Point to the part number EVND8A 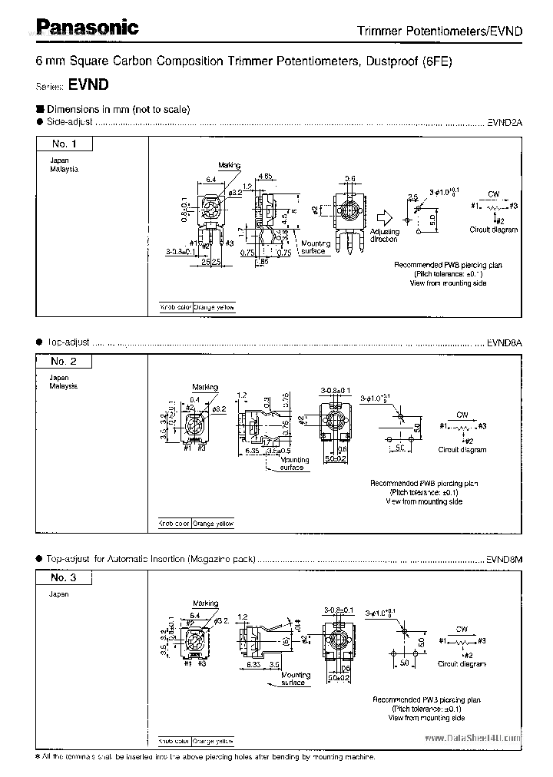coord(505,342)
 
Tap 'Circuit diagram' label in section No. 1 coord(493,230)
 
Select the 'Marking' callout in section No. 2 coord(205,388)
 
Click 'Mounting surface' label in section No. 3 coord(296,679)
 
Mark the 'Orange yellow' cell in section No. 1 coord(214,307)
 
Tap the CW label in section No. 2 coord(462,413)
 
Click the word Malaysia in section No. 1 coord(65,169)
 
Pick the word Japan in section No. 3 coord(59,594)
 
